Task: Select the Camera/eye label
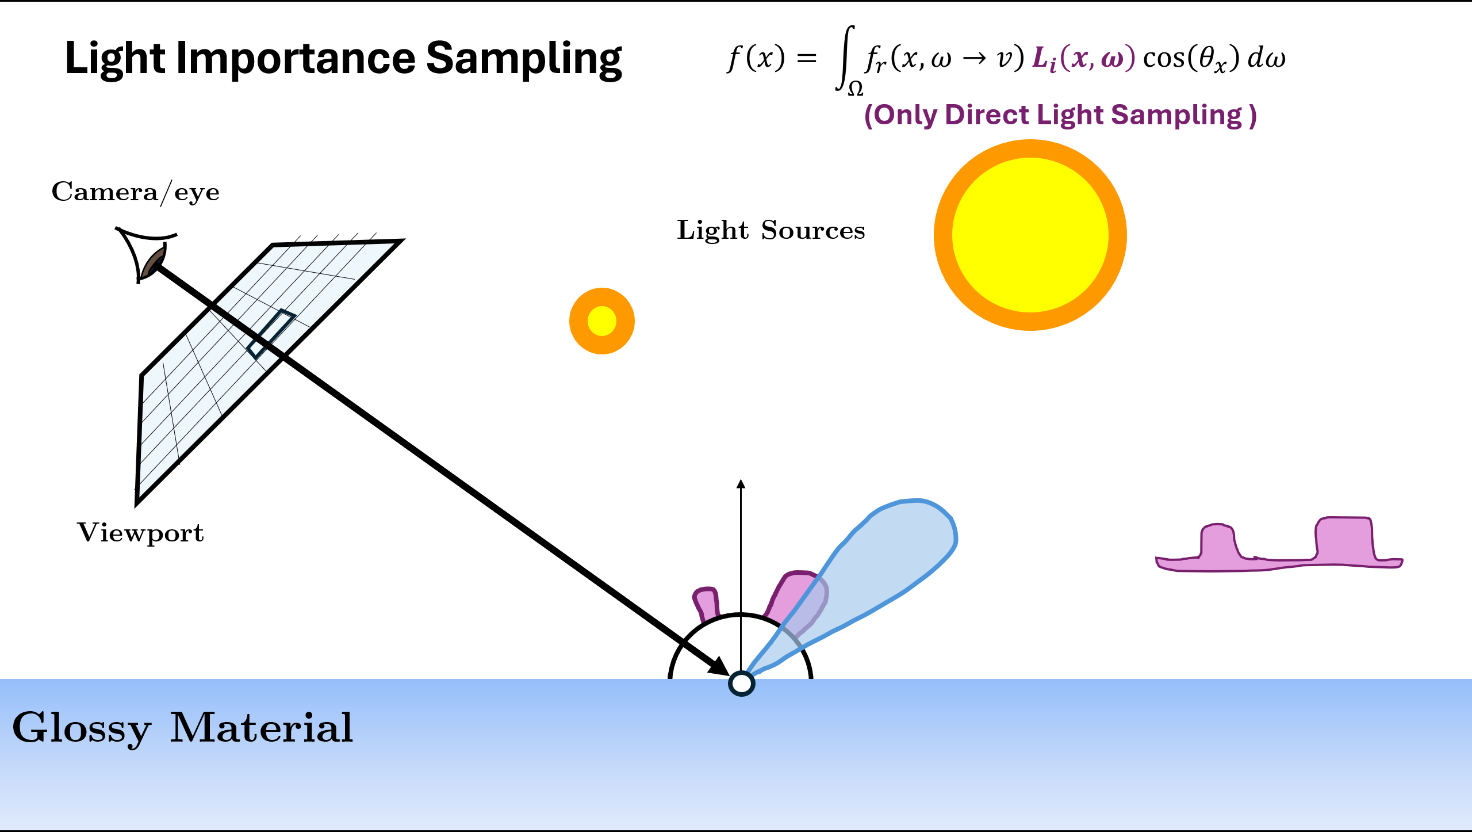point(135,192)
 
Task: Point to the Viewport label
point(140,533)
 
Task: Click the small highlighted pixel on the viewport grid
point(271,334)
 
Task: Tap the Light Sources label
point(770,231)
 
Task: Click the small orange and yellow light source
point(602,321)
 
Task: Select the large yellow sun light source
point(1030,235)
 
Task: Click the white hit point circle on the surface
point(741,684)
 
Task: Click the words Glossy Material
point(182,728)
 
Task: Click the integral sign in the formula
point(844,58)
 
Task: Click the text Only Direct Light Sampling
point(1060,115)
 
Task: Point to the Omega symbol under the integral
point(856,89)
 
